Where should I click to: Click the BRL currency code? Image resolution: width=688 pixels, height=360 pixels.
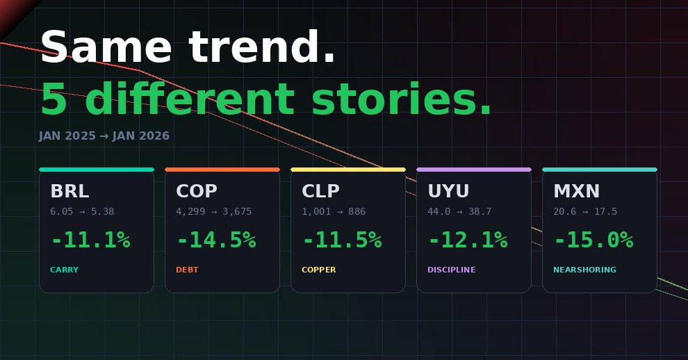69,191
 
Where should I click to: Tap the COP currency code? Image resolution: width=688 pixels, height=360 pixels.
197,191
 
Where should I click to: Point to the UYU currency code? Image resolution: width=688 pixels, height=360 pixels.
448,191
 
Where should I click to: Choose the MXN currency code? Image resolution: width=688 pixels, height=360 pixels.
576,191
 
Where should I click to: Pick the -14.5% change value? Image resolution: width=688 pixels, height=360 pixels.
217,240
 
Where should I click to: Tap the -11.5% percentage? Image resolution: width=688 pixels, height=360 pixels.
343,240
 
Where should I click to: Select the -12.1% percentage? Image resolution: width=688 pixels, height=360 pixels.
468,240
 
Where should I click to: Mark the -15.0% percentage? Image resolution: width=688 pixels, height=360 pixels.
594,240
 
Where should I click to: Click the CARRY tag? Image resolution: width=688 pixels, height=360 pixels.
64,270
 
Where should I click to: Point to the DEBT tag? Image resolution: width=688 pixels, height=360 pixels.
187,270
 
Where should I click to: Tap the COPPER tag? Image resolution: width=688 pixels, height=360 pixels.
318,270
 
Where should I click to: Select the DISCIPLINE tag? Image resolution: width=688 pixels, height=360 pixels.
451,270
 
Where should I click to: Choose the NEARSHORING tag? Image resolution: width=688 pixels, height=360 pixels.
584,270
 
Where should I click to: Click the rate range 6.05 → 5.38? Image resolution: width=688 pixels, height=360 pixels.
82,211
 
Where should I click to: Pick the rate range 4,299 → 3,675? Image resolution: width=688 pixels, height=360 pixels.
214,211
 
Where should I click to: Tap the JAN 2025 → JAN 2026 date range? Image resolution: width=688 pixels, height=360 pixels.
104,136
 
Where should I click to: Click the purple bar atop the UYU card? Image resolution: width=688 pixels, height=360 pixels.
474,169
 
